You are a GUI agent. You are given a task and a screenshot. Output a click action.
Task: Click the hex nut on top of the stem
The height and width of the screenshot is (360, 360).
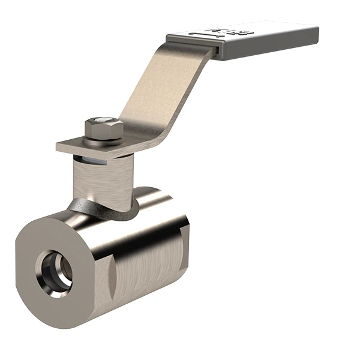(x=103, y=131)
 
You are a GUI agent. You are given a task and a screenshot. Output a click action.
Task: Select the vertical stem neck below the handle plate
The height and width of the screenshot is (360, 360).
(x=99, y=177)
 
